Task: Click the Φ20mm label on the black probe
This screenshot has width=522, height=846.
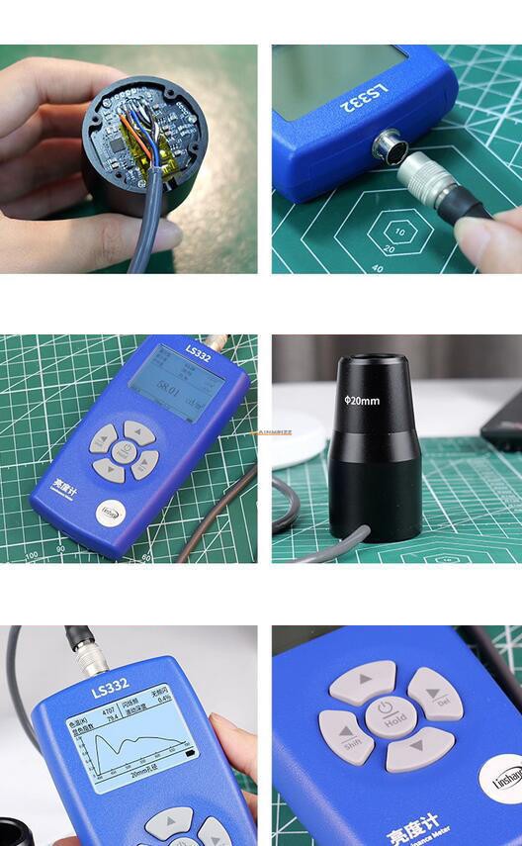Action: click(362, 401)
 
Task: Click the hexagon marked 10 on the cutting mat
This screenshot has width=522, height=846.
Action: click(400, 235)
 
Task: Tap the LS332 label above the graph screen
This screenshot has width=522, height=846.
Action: click(110, 686)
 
